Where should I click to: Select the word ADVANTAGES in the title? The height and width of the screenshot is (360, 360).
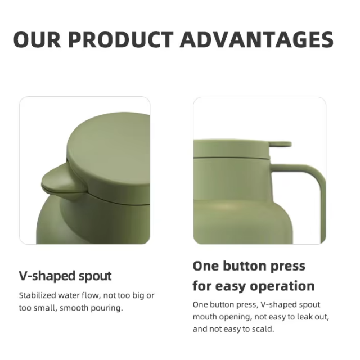258,40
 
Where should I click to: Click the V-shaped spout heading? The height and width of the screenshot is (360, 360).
65,276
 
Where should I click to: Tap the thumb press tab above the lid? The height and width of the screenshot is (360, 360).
279,144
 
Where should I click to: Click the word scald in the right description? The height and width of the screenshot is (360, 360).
262,329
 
